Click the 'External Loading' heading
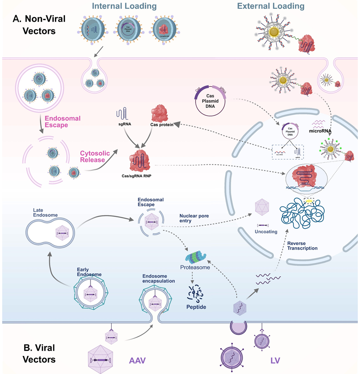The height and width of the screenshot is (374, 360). [x=270, y=6]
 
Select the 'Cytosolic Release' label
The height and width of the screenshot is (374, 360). [x=92, y=157]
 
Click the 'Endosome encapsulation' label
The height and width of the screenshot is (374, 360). [x=159, y=278]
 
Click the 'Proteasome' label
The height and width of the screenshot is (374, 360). [x=195, y=268]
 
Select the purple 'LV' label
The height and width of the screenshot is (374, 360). [x=275, y=360]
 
